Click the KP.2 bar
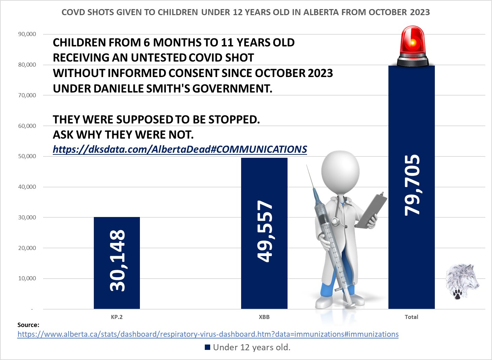click(117, 263)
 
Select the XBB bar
click(264, 233)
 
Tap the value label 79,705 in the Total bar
click(412, 185)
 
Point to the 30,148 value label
click(117, 260)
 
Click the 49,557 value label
click(265, 231)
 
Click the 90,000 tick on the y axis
click(27, 34)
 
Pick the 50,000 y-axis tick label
click(27, 156)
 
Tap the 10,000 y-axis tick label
click(27, 279)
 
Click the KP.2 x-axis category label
click(117, 317)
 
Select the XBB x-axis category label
click(264, 317)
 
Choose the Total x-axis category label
click(411, 317)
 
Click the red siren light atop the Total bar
click(413, 46)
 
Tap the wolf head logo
click(462, 282)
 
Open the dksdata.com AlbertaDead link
click(180, 149)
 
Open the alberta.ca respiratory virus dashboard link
click(208, 334)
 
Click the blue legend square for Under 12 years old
click(207, 347)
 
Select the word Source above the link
click(28, 325)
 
